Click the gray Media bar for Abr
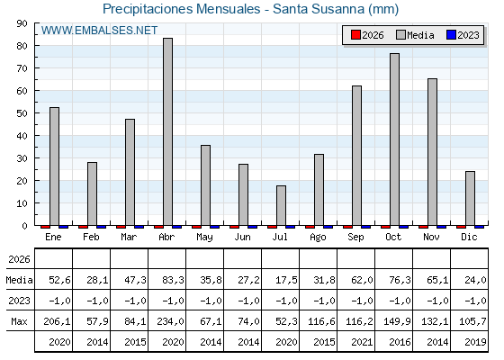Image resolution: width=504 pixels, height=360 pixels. click(x=167, y=131)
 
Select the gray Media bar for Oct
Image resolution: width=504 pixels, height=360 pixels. click(x=395, y=139)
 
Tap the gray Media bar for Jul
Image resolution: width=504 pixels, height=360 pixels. click(x=281, y=206)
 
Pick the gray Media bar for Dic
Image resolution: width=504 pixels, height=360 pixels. click(x=470, y=198)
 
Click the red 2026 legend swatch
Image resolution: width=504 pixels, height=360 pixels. click(x=355, y=35)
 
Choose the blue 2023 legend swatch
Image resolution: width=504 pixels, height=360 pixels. click(x=451, y=35)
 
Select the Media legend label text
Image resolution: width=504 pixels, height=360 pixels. click(x=420, y=35)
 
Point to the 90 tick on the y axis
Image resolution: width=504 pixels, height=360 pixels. click(x=22, y=23)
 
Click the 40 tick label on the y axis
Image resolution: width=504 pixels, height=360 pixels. click(x=22, y=136)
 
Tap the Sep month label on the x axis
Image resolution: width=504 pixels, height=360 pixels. click(x=355, y=238)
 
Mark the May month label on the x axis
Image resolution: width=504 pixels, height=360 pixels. click(x=204, y=238)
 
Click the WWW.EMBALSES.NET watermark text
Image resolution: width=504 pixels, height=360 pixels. click(x=99, y=31)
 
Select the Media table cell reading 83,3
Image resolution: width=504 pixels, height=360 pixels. click(x=173, y=280)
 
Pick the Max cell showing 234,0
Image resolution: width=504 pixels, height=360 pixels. click(x=170, y=321)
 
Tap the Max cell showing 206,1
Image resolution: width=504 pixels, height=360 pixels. click(x=57, y=321)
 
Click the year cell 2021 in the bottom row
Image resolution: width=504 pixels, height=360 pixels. click(x=362, y=342)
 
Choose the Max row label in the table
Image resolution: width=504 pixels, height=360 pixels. click(x=19, y=321)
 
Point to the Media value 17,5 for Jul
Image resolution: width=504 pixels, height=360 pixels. click(x=286, y=280)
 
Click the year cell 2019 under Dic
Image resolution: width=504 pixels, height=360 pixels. click(x=475, y=342)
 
